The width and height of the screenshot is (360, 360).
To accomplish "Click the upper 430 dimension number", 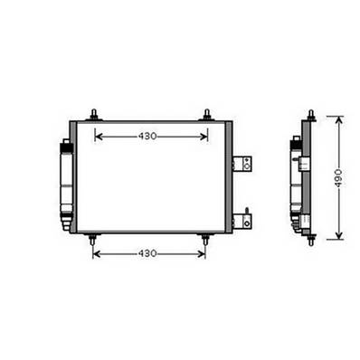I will coord(149,137).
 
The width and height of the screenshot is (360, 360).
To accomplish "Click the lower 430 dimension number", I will coord(149,253).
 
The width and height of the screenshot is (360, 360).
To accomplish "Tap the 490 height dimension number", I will coord(338,178).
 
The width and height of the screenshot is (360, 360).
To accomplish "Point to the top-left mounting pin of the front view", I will coord(93,115).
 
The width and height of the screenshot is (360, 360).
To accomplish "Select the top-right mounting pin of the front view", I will coord(208,115).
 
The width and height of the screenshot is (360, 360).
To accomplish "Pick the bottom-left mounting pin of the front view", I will coord(93,240).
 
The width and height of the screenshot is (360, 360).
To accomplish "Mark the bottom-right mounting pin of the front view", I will coord(205,240).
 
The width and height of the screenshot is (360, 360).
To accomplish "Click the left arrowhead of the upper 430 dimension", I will coord(99,137).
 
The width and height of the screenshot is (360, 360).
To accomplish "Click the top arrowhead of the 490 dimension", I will coord(338,120).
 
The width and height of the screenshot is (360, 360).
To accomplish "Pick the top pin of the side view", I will coord(310,115).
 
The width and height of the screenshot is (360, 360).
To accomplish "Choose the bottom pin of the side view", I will coord(310,240).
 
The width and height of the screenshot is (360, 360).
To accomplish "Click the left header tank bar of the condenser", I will coord(73,177).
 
